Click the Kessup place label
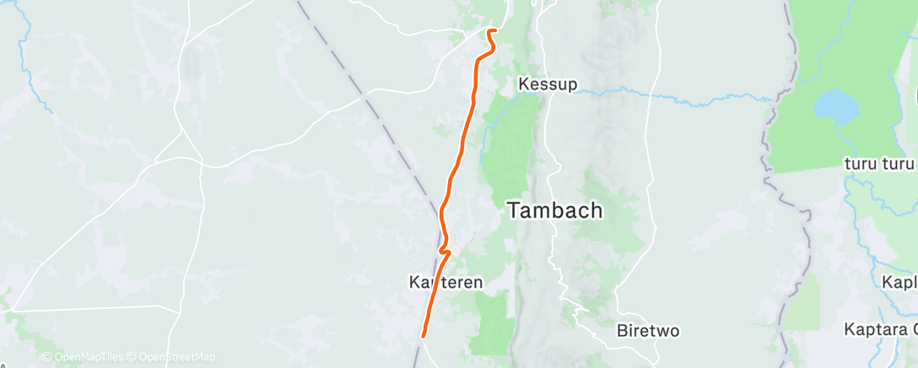point(548,84)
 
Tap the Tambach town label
point(555,211)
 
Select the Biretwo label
point(647,330)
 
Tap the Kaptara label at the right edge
point(881,329)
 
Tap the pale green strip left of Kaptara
point(806,304)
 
